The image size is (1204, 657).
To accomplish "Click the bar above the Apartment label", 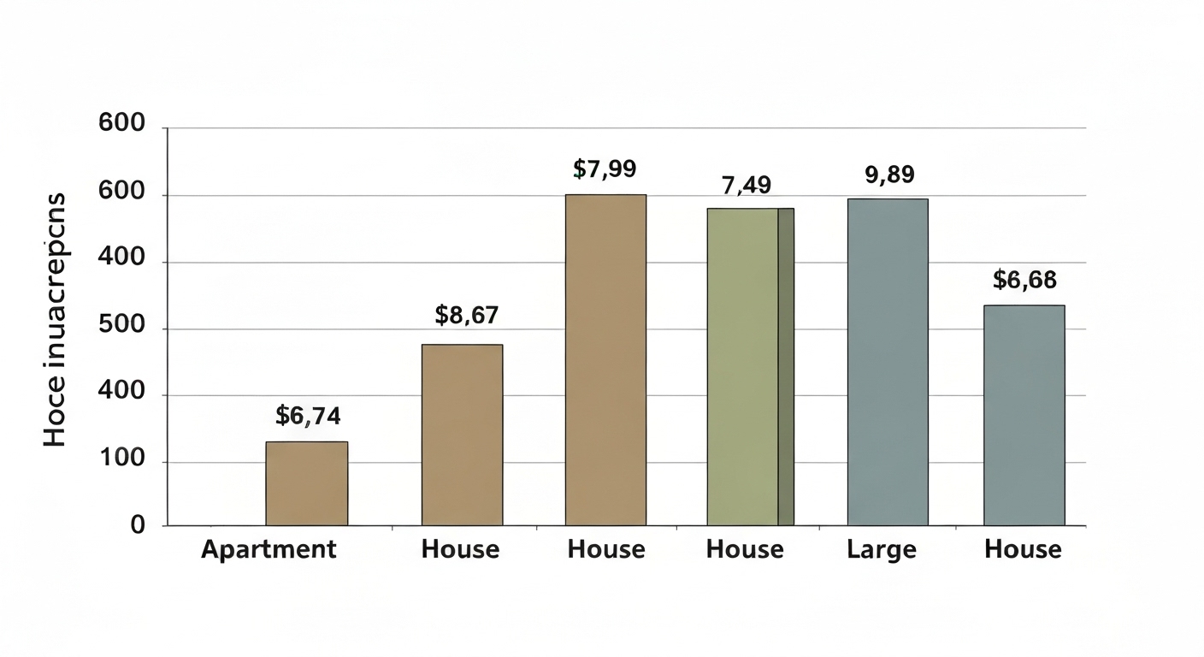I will (306, 483).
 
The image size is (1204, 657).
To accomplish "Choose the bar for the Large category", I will (888, 362).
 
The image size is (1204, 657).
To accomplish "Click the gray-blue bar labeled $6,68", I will (1024, 415).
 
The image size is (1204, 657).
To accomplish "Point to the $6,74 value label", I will (308, 416).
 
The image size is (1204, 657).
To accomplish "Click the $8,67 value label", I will (466, 315).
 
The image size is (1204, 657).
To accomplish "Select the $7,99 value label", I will (605, 169).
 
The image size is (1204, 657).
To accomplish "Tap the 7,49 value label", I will (747, 184).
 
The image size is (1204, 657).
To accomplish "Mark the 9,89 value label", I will (889, 175).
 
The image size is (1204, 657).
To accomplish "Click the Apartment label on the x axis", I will (269, 549).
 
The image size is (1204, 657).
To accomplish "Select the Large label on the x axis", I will (882, 549).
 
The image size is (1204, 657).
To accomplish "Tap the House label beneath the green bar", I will (745, 549).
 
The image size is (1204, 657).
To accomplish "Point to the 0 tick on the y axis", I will (138, 525).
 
